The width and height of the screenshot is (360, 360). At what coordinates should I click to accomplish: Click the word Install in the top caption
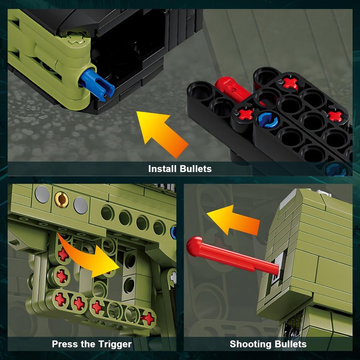point(162,169)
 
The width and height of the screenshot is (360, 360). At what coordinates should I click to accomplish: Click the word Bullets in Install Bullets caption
point(196,169)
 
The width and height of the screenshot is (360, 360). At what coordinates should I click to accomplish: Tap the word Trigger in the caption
point(115,344)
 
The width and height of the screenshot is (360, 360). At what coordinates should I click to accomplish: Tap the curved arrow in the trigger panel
point(90,256)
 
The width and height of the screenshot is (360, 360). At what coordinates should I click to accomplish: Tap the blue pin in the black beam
point(267,119)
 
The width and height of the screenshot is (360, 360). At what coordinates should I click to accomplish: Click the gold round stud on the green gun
point(61,199)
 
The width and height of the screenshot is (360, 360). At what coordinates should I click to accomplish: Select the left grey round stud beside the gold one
point(42,194)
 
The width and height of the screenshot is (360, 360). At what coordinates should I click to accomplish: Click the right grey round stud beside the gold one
point(81,206)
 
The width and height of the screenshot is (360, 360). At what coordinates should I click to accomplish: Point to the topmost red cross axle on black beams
point(290,84)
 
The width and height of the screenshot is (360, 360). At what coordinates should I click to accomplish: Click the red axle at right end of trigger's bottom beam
point(148,319)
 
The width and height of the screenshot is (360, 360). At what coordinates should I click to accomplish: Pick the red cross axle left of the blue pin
point(246,114)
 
